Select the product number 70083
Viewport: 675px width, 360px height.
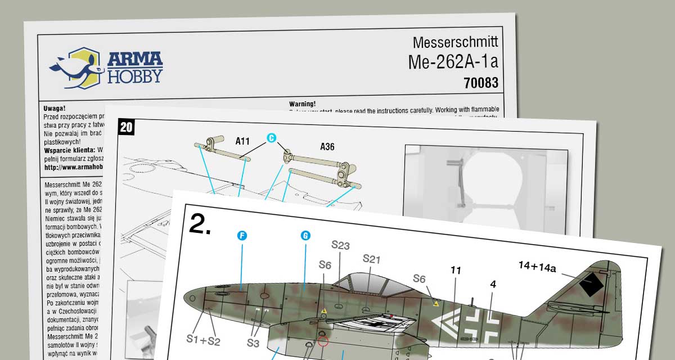(x=481, y=83)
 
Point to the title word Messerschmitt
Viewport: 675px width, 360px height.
(x=455, y=43)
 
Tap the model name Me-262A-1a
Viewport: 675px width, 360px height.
(x=453, y=62)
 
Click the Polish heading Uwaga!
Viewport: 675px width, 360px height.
(x=55, y=108)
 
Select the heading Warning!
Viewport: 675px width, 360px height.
(x=303, y=104)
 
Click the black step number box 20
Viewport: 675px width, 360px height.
(x=127, y=127)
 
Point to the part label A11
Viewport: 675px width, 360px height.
(x=242, y=142)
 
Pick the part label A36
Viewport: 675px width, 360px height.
(x=327, y=147)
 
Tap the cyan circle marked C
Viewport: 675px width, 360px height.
(x=272, y=138)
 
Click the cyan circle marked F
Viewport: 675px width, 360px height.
(x=242, y=236)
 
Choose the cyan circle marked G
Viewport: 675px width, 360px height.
(x=305, y=236)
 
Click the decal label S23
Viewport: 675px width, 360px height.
(x=340, y=245)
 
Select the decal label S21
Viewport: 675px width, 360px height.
(x=372, y=259)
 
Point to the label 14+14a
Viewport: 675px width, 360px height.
(x=537, y=268)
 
